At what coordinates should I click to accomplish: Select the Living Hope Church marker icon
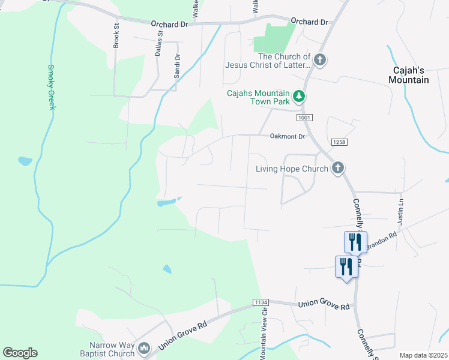coord(338,169)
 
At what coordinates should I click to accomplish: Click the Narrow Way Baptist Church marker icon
coord(143,349)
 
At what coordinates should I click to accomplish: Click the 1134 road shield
coord(261,303)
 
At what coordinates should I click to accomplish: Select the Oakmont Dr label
coord(288,137)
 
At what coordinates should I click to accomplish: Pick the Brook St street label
coord(116,37)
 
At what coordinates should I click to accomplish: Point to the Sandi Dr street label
coord(177,66)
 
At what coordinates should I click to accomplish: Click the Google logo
coord(20,353)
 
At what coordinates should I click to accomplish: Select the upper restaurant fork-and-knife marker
coord(355,241)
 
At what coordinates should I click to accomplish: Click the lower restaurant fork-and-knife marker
coord(346,266)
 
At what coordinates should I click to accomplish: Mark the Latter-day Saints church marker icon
coord(320,60)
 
